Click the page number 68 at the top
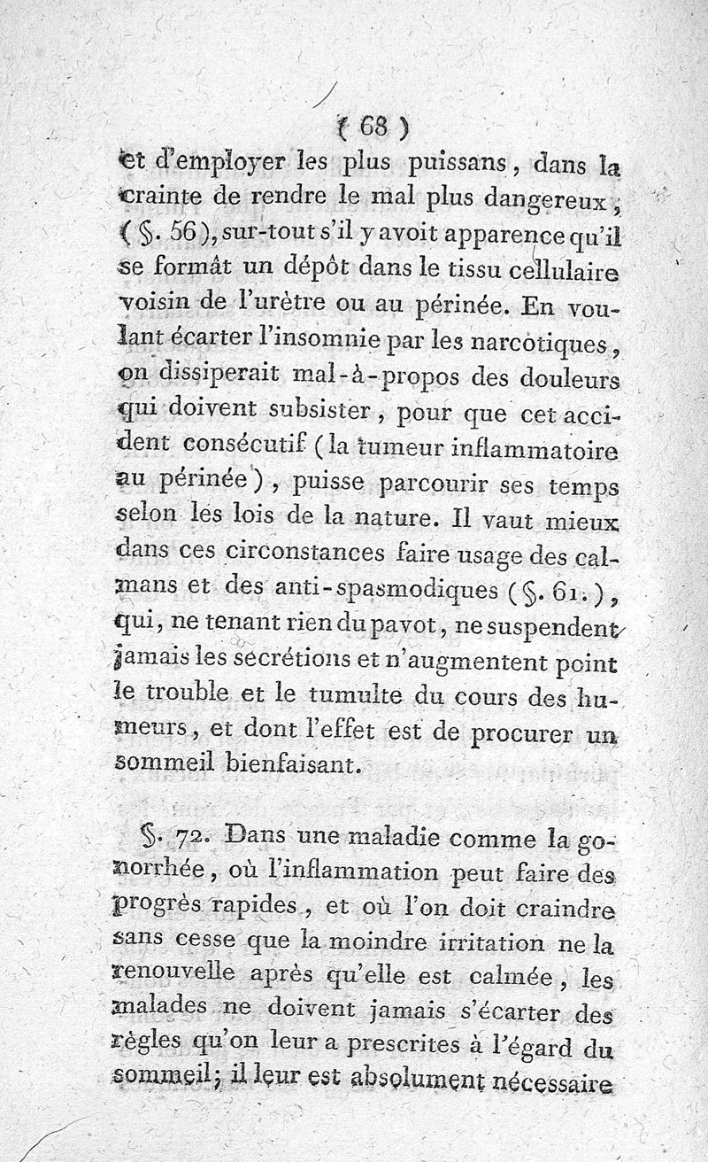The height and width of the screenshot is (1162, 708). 373,128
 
